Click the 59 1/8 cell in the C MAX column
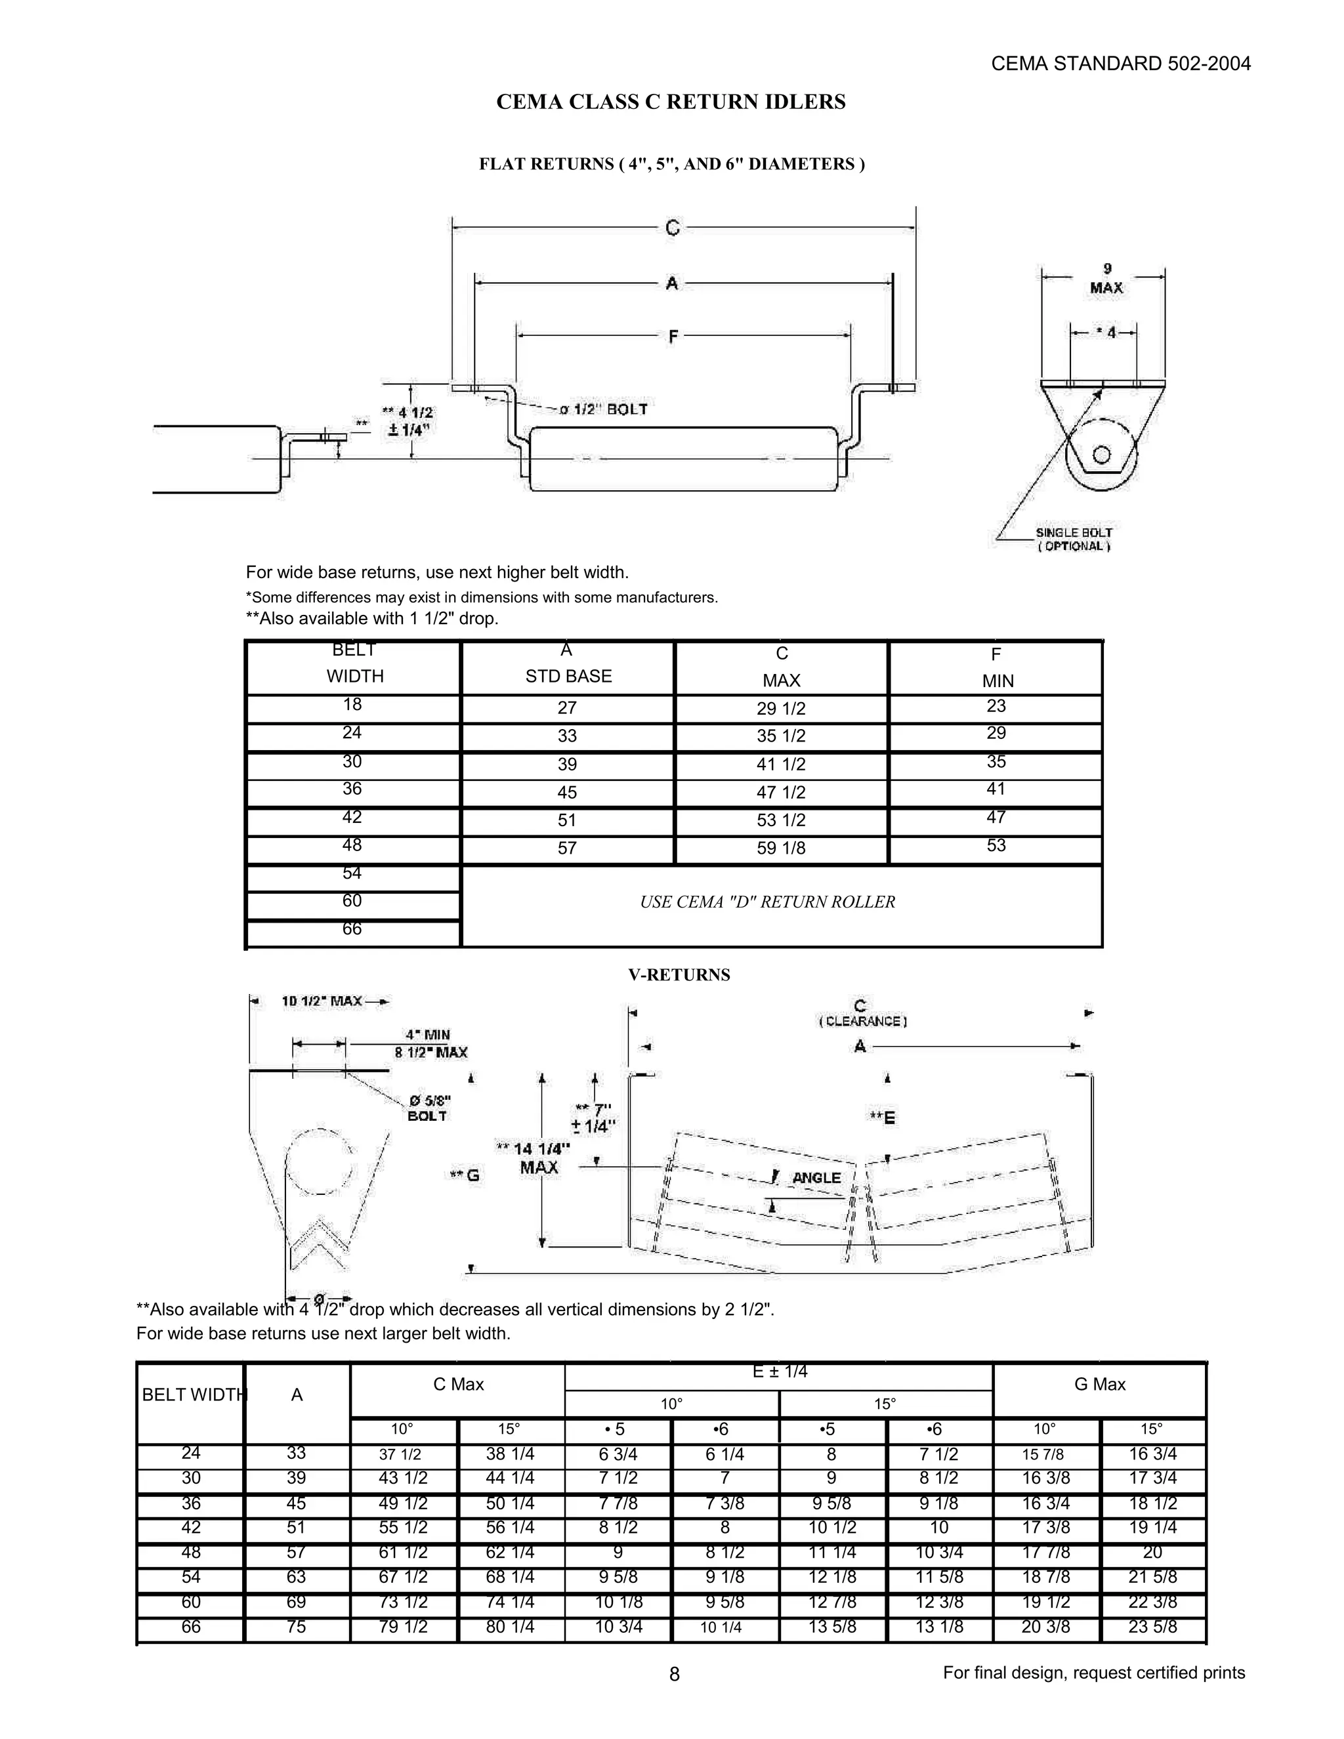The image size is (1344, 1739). [780, 848]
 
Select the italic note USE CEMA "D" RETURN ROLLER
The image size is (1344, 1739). [768, 902]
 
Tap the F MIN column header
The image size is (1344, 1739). [996, 667]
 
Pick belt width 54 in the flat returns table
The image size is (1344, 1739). [352, 873]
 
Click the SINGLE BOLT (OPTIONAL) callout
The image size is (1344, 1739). [1073, 539]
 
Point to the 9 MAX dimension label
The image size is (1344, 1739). [1106, 279]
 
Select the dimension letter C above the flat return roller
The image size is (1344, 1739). [673, 228]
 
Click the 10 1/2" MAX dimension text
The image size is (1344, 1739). [322, 1001]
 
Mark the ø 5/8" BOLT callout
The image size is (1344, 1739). [429, 1108]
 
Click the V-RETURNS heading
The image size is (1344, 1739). [679, 974]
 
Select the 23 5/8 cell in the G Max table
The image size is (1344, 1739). [1152, 1627]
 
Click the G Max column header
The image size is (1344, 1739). [1100, 1384]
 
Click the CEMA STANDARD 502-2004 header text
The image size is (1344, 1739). [1120, 64]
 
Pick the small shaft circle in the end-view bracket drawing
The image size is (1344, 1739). [1101, 455]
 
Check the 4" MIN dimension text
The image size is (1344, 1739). [428, 1034]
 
